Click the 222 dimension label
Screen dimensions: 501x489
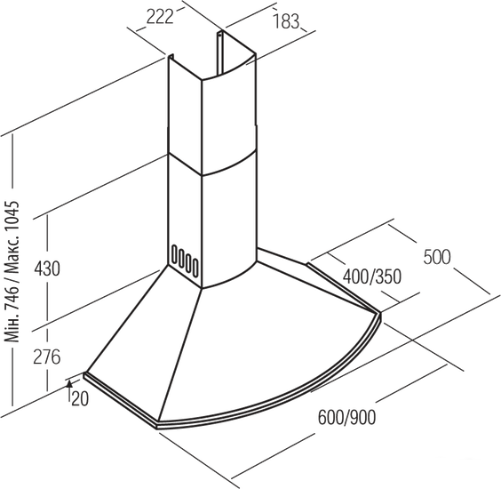tap(160, 16)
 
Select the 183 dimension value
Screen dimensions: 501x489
tap(286, 21)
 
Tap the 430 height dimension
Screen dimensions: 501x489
tap(47, 269)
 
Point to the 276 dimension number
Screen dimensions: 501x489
tap(47, 357)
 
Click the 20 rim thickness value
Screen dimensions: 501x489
tap(80, 399)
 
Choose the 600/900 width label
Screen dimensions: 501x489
tap(347, 417)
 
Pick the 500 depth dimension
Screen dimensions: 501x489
tap(437, 257)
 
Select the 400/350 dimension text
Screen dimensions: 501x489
tap(372, 277)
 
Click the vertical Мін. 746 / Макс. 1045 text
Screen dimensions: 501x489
tap(12, 271)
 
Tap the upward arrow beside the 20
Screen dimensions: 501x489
tap(69, 390)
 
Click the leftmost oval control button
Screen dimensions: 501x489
tap(174, 254)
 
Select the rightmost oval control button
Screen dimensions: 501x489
tap(195, 267)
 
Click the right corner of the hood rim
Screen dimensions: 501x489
tap(380, 314)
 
